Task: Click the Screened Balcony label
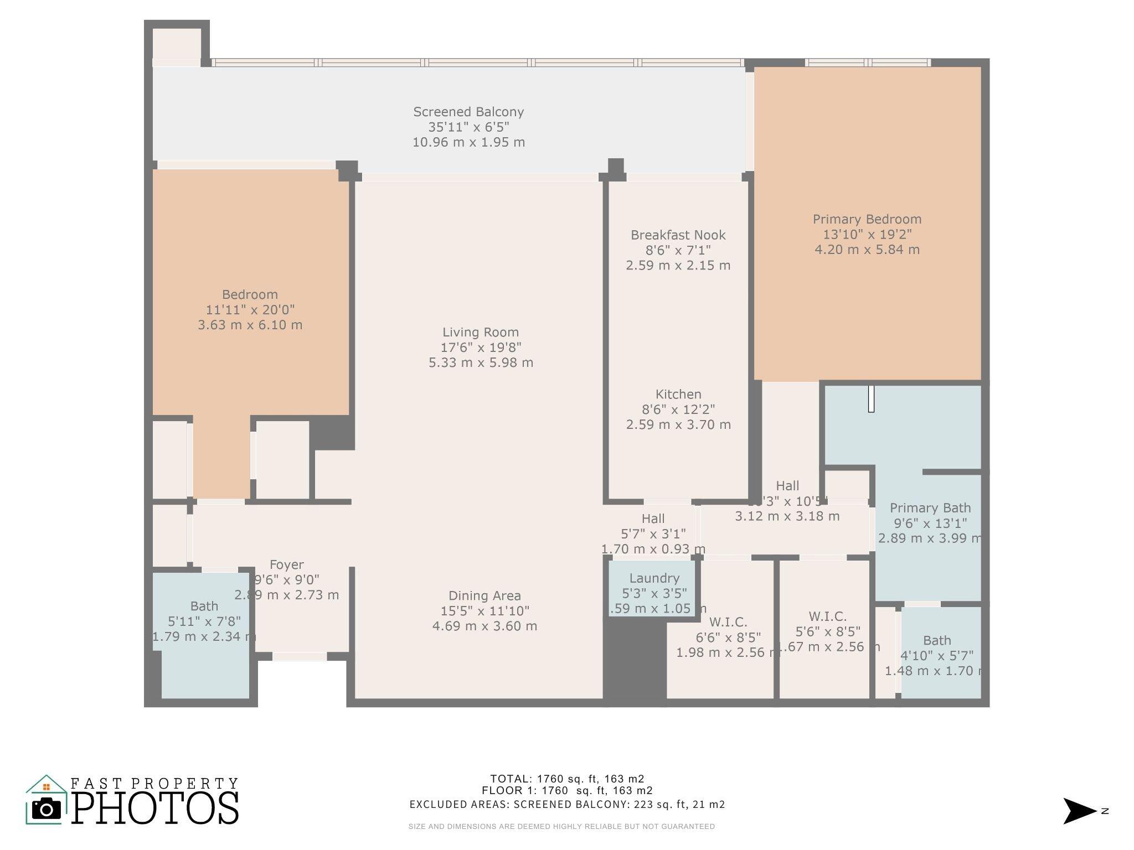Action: point(468,112)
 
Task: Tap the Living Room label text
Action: point(480,333)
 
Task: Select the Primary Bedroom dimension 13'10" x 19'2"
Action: point(867,235)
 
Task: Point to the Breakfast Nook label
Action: point(678,235)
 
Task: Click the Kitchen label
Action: point(678,395)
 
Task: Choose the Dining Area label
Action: point(484,596)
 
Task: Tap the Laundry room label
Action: point(654,578)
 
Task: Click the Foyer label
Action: point(286,565)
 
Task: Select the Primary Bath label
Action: point(930,508)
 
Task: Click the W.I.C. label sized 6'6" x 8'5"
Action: point(728,622)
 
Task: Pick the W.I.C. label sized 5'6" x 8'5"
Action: point(827,616)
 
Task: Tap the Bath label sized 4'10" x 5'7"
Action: point(937,641)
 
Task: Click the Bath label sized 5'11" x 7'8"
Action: point(204,607)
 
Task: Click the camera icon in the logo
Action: point(47,809)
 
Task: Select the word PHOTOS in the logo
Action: point(155,809)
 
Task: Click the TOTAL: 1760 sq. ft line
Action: point(566,779)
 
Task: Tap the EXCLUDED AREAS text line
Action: point(566,805)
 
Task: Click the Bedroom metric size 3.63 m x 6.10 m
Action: point(250,325)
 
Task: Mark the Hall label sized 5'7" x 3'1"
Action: point(653,519)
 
